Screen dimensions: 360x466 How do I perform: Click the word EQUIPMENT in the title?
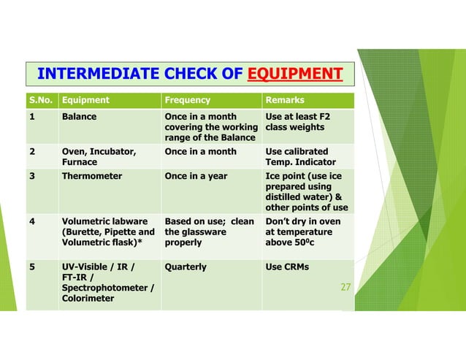(x=295, y=74)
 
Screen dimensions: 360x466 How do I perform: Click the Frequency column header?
(x=188, y=100)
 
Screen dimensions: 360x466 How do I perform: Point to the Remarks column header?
(x=286, y=100)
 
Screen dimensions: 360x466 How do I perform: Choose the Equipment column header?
(x=86, y=100)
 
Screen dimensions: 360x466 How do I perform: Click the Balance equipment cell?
(x=80, y=116)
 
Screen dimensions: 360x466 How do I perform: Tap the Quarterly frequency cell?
(x=186, y=267)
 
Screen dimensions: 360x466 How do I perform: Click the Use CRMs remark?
(x=287, y=267)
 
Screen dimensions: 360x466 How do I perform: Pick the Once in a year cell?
(x=196, y=176)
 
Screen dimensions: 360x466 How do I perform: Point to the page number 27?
(x=346, y=288)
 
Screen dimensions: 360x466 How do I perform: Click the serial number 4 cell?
(x=32, y=221)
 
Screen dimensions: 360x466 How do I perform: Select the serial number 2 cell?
(x=32, y=151)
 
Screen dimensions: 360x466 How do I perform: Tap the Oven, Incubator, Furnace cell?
(x=99, y=156)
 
